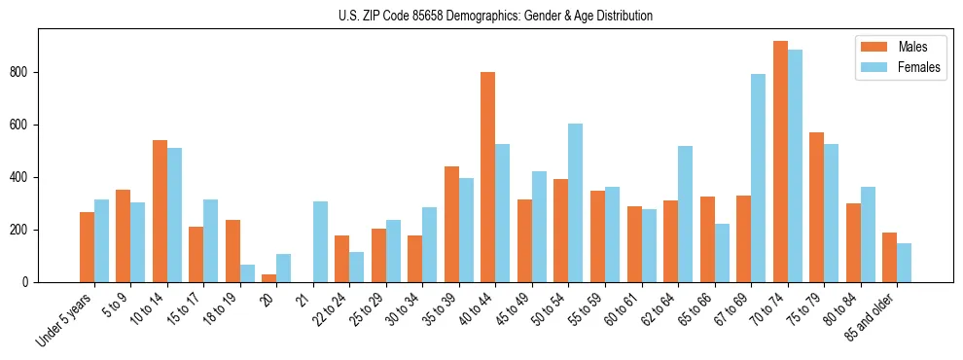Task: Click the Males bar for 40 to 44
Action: pos(488,177)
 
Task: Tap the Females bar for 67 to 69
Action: pos(758,178)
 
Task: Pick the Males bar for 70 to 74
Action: pos(780,162)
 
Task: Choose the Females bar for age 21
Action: pos(320,241)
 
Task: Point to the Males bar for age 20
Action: pos(269,278)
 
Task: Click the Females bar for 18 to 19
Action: pos(247,273)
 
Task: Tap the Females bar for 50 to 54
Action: pos(576,202)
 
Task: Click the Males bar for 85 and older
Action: pos(889,257)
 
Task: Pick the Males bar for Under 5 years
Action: pos(87,247)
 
